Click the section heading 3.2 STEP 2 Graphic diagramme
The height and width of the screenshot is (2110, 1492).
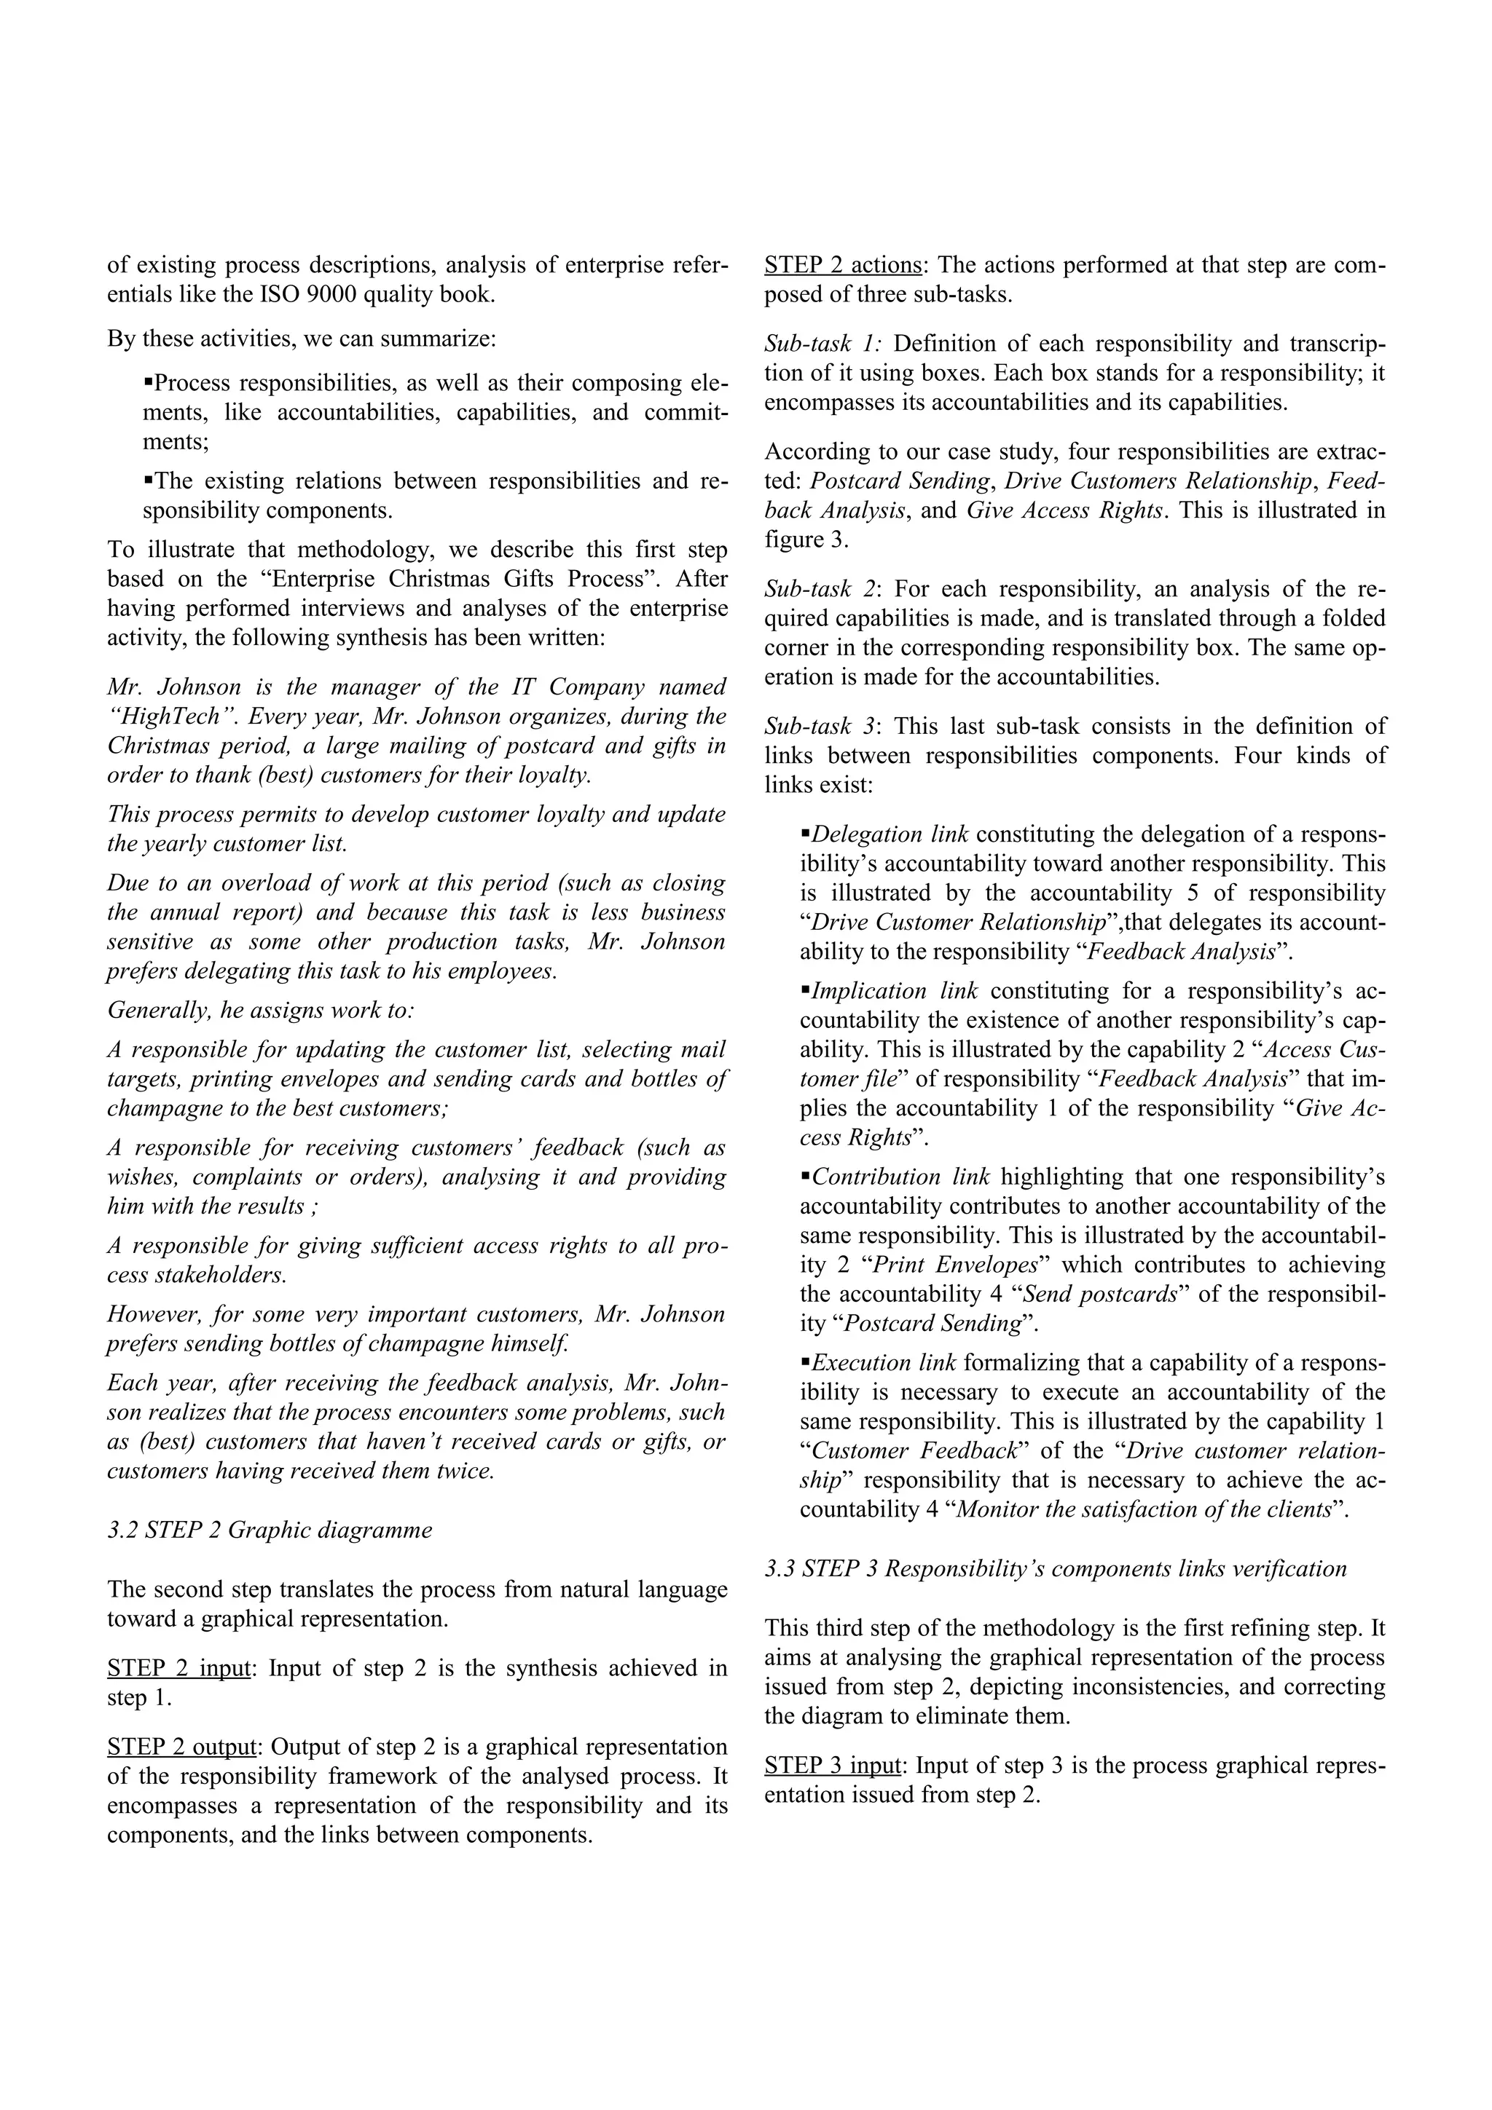270,1530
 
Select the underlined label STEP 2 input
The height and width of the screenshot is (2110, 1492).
178,1668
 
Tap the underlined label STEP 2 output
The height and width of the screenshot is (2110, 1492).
185,1747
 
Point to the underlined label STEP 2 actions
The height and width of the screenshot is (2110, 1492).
843,266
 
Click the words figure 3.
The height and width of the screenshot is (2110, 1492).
805,540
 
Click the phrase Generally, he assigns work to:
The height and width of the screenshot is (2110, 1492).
260,1010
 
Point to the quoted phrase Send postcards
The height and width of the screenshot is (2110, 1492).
1099,1294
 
